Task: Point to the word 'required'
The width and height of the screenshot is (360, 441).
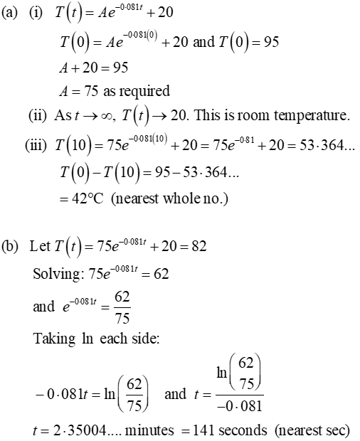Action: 147,90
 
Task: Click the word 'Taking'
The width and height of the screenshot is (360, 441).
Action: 53,339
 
